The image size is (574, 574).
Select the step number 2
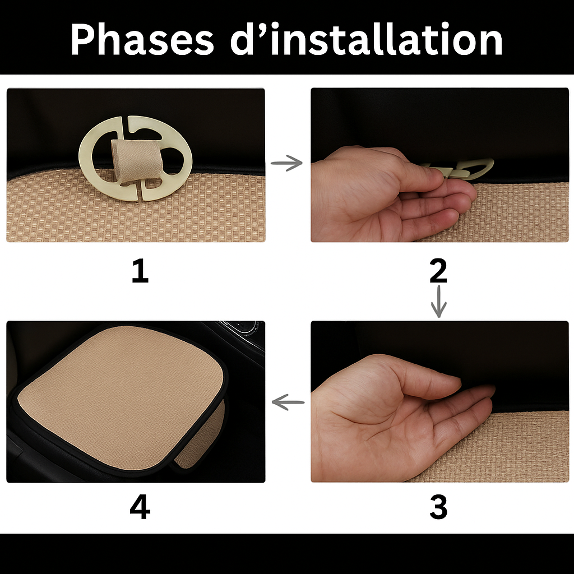438,271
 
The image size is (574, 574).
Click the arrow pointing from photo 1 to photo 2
286,163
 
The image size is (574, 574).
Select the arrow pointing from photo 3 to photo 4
288,401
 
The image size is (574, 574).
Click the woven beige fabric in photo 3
504,448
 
